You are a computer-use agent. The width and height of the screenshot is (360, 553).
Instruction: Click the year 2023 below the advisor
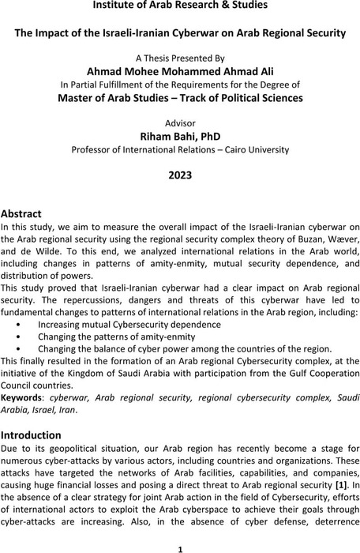tap(179, 175)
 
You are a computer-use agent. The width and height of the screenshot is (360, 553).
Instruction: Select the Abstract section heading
tap(24, 214)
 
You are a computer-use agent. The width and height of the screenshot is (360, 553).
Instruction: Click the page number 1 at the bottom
tap(180, 546)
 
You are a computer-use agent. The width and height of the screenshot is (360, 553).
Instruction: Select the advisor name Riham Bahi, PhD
tap(180, 137)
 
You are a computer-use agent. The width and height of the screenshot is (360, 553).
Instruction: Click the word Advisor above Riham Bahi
tap(180, 122)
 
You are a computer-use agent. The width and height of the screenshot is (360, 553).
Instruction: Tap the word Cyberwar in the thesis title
tap(197, 32)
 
